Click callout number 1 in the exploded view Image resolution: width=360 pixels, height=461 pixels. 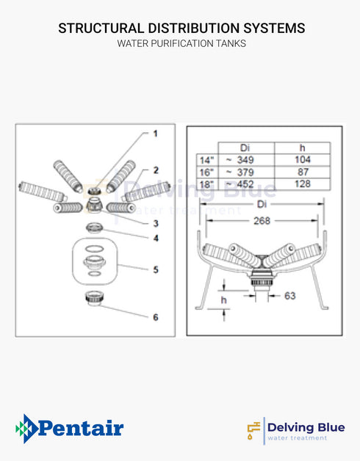coord(155,134)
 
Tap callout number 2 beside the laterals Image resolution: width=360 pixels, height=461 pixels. coord(156,170)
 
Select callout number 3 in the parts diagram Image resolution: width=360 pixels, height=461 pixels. coord(156,223)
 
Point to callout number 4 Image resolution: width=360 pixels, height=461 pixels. coord(156,238)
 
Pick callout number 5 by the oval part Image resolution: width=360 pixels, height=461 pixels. coord(156,269)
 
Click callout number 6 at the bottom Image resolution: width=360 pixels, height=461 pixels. coord(156,317)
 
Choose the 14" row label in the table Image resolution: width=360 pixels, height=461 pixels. coord(206,159)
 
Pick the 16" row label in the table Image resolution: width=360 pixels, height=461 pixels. coord(206,172)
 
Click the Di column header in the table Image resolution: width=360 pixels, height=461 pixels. coord(245,147)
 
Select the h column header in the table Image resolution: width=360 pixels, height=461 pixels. coord(302,147)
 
